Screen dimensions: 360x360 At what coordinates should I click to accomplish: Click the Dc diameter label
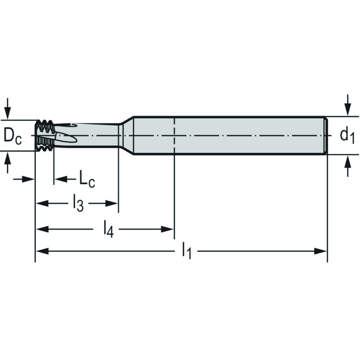point(13,137)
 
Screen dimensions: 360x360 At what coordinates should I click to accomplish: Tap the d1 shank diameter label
point(347,136)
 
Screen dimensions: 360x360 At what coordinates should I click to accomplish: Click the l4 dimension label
point(108,229)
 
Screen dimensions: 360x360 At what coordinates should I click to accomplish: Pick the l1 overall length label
point(186,251)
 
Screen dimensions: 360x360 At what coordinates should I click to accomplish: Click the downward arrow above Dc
point(8,108)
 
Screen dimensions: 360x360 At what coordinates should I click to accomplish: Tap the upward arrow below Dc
point(8,162)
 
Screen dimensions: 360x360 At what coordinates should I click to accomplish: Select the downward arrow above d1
point(348,105)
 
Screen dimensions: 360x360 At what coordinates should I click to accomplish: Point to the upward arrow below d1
point(348,166)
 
